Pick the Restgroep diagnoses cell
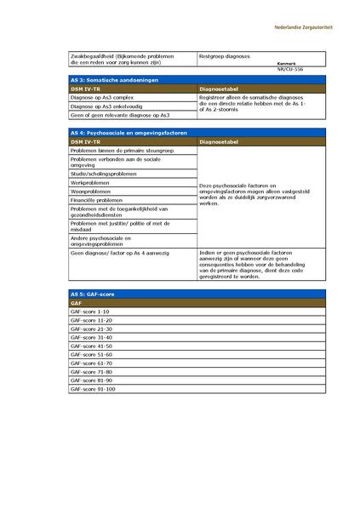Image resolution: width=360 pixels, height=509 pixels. click(x=225, y=56)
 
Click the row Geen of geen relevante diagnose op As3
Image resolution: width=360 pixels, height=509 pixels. click(x=120, y=114)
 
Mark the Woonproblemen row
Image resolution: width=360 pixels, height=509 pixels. click(x=90, y=192)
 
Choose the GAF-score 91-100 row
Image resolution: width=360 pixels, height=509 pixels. click(x=93, y=389)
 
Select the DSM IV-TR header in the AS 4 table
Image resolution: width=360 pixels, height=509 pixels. click(x=86, y=142)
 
